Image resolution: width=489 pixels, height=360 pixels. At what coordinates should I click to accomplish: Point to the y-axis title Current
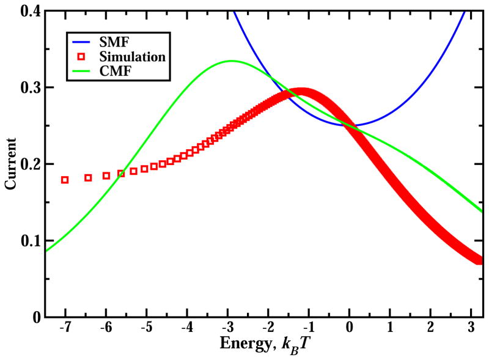coord(10,164)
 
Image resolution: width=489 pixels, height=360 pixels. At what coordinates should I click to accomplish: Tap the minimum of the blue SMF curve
coord(350,125)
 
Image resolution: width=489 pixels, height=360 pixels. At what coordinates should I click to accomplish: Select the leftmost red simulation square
coord(65,180)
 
